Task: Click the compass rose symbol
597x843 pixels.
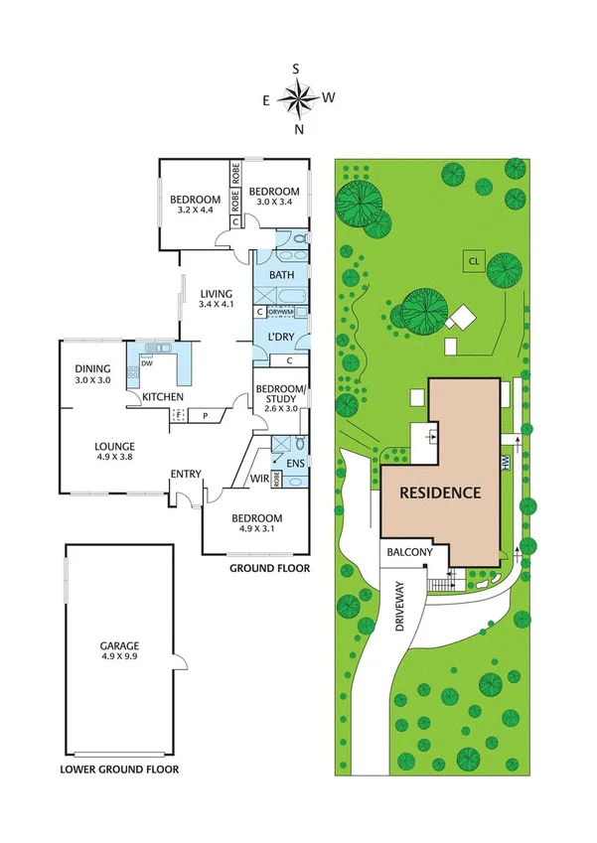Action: [x=297, y=97]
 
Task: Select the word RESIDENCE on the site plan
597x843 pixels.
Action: [x=440, y=492]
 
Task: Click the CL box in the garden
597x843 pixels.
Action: [x=474, y=261]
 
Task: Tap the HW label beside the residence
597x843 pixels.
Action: [x=505, y=462]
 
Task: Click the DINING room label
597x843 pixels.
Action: [x=94, y=368]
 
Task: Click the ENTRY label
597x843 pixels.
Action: [x=186, y=474]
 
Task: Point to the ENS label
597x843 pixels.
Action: [x=293, y=464]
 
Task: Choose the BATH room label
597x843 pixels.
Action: [x=281, y=275]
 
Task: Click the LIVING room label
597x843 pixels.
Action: [x=215, y=294]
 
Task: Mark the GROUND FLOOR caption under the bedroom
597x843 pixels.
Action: [x=269, y=569]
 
